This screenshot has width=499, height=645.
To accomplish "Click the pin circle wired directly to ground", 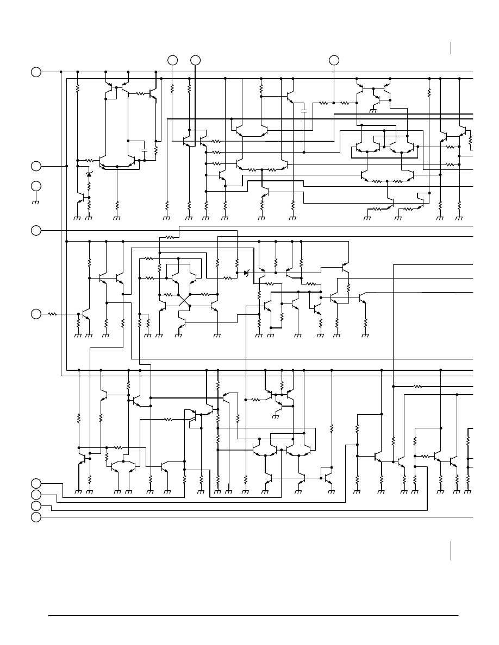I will [36, 186].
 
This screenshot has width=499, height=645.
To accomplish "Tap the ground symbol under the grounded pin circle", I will [36, 202].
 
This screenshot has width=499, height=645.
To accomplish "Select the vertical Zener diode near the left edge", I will [89, 174].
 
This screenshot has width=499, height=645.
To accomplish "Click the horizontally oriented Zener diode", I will [246, 273].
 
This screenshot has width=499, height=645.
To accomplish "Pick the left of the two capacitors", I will [144, 149].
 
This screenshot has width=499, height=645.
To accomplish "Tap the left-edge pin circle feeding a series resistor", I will [36, 314].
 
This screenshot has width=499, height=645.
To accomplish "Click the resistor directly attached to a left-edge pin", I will [53, 314].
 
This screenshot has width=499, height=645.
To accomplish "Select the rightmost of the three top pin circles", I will [334, 60].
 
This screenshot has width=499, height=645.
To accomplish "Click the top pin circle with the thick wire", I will [195, 60].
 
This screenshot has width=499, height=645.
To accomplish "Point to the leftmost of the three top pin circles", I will [172, 60].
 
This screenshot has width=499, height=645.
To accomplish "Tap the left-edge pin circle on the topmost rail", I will [36, 72].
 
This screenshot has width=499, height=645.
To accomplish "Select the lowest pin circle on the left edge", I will [36, 517].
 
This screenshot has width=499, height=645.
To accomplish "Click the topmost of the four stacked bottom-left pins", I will [36, 483].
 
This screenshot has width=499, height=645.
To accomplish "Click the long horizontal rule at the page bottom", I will [253, 616].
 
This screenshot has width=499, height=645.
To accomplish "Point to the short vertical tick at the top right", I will [451, 48].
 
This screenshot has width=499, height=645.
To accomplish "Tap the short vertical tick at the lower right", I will [451, 550].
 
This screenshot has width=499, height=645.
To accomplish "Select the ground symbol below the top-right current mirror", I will [373, 111].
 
